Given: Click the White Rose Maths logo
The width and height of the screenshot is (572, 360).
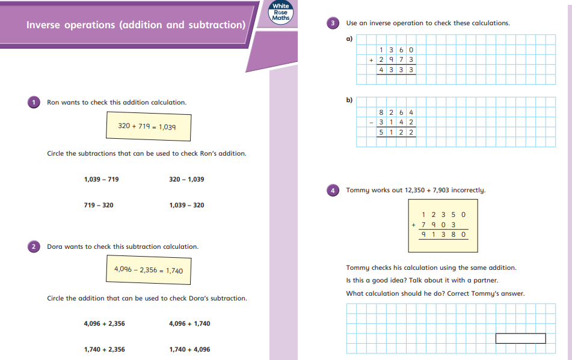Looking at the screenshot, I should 281,14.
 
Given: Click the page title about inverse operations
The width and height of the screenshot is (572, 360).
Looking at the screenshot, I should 136,25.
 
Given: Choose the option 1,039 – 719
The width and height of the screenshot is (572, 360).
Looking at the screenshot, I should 102,179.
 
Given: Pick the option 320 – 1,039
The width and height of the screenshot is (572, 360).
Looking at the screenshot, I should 186,179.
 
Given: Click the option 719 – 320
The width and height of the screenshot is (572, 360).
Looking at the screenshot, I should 98,205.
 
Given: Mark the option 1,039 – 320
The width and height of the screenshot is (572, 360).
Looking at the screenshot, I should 186,205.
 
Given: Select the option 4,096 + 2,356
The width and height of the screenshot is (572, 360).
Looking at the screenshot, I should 104,323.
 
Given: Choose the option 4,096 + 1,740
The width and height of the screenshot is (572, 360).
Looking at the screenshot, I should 189,323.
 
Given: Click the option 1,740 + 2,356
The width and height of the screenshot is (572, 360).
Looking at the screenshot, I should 104,349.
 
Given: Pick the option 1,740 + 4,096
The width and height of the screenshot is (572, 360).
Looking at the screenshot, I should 189,349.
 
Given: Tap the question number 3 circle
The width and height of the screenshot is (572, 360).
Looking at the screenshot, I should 334,23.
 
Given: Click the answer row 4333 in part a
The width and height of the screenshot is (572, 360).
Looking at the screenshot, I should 396,70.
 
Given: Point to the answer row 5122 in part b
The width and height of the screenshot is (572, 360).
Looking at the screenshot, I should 396,132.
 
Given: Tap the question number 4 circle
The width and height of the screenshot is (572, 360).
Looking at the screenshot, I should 334,190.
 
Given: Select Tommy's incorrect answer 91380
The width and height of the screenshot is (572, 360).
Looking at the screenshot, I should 444,235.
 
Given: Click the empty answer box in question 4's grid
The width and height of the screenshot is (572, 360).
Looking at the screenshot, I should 520,338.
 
